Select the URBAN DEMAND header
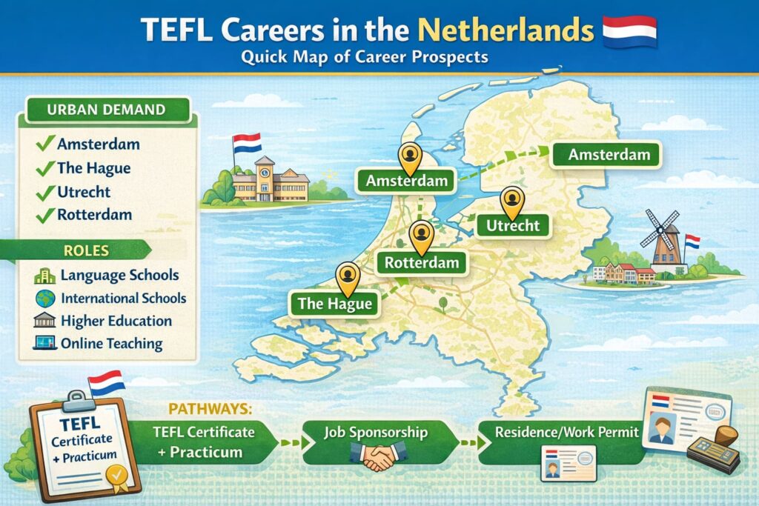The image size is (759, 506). (105, 110)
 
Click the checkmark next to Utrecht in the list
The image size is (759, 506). (45, 192)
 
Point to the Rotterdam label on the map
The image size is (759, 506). (422, 262)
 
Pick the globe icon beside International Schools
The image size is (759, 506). (44, 299)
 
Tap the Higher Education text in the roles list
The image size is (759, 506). (116, 322)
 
